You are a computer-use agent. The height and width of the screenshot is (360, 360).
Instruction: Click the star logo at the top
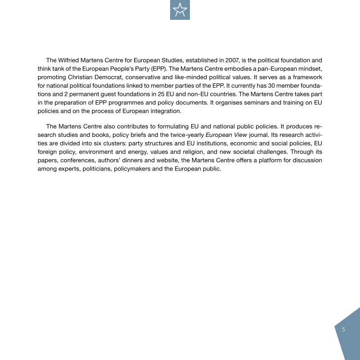[x=180, y=10]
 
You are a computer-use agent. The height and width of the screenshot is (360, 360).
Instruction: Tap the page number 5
[x=343, y=329]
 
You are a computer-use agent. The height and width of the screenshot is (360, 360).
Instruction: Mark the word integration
[x=165, y=111]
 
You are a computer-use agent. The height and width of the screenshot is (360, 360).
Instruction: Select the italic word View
[x=238, y=135]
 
